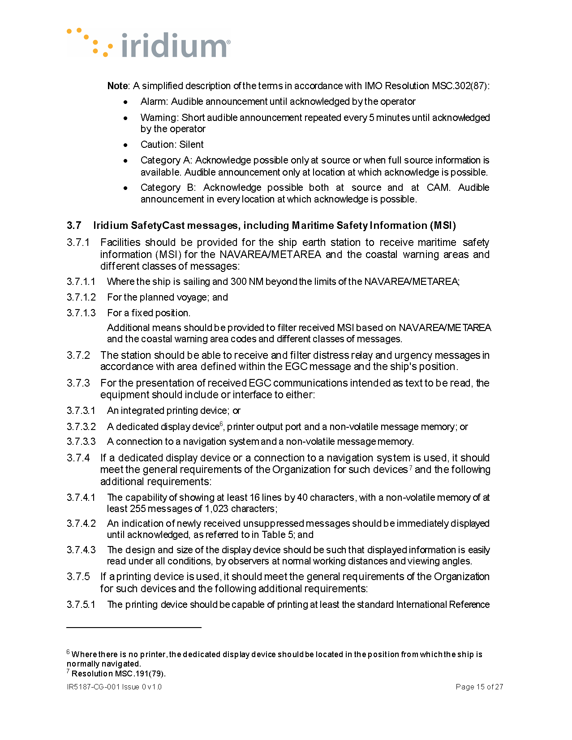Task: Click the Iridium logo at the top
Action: pos(149,44)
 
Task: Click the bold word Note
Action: pos(118,86)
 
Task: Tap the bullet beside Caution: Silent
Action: pos(126,145)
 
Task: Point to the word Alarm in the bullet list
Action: pos(154,102)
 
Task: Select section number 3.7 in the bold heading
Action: pos(74,226)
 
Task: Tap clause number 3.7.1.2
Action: pos(81,297)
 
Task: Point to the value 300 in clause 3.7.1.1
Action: pos(238,282)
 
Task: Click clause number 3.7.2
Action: pos(78,356)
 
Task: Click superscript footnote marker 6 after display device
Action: pos(221,424)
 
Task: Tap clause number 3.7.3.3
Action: pos(81,442)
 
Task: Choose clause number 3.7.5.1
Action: pos(81,605)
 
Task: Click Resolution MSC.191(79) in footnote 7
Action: pos(118,674)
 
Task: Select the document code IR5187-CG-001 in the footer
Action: pos(93,687)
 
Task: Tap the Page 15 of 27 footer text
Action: pos(479,687)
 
